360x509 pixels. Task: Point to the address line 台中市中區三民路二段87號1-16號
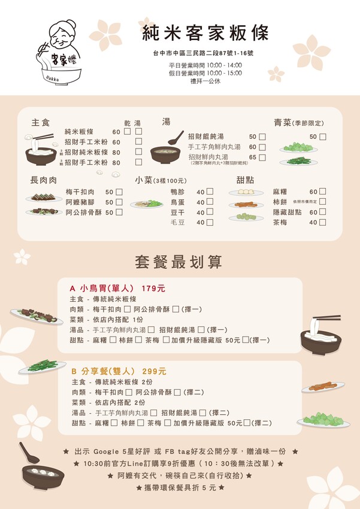pyautogui.click(x=205, y=54)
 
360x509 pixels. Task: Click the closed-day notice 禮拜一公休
pyautogui.click(x=205, y=81)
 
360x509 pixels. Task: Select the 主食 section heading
pyautogui.click(x=41, y=122)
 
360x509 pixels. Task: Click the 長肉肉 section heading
pyautogui.click(x=44, y=179)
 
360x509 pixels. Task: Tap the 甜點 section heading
pyautogui.click(x=245, y=180)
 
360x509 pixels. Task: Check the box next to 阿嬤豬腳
pyautogui.click(x=119, y=202)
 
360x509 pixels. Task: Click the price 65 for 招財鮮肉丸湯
pyautogui.click(x=253, y=157)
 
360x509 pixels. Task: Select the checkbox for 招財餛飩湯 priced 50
pyautogui.click(x=262, y=137)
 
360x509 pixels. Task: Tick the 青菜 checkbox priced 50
pyautogui.click(x=323, y=137)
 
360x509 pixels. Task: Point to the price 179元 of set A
pyautogui.click(x=153, y=288)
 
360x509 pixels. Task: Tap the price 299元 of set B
pyautogui.click(x=154, y=371)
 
